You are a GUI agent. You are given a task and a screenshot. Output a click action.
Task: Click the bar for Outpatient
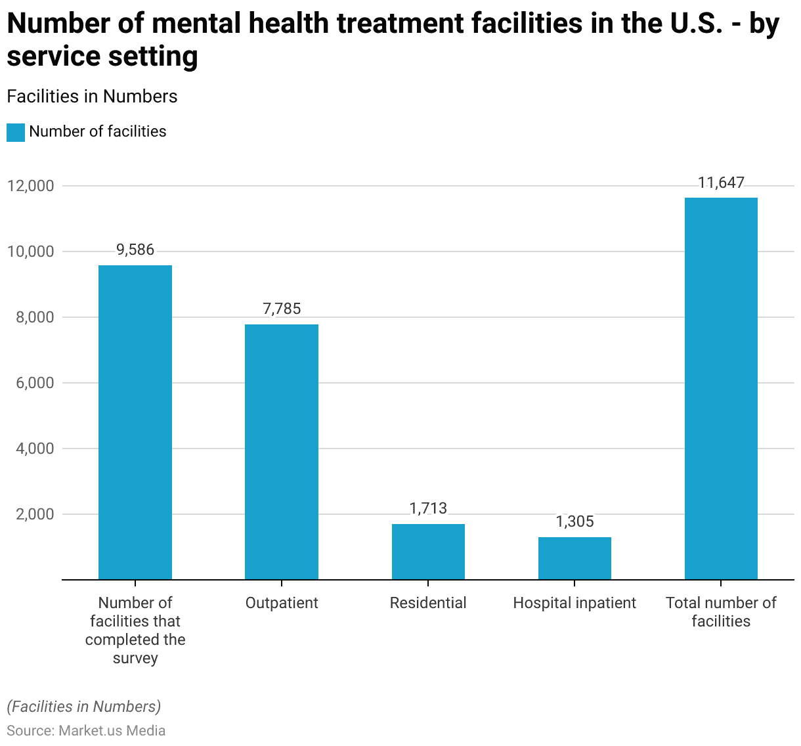point(282,452)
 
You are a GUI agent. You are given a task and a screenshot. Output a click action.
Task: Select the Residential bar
point(428,552)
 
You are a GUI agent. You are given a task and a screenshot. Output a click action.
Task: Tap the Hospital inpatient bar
point(574,558)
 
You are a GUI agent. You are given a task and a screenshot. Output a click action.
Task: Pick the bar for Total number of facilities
point(721,389)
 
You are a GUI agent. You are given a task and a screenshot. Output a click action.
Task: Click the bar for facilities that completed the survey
point(135,422)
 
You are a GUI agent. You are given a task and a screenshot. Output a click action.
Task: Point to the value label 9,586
point(135,250)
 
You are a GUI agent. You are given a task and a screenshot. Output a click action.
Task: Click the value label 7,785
point(282,309)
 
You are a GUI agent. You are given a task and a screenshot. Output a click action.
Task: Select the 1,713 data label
point(428,508)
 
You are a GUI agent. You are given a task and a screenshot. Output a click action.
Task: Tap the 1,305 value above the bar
point(574,521)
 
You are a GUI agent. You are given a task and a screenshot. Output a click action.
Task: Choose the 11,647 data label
point(721,183)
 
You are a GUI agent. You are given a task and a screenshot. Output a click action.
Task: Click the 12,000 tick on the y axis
point(30,186)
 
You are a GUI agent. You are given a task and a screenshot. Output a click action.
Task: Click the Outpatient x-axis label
point(282,603)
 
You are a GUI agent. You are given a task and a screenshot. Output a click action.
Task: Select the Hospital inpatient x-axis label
point(574,603)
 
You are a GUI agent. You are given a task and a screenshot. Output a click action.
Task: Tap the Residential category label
point(428,603)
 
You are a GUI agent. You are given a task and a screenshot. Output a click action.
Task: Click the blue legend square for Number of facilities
point(16,132)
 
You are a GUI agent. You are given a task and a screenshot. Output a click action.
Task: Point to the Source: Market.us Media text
point(86,730)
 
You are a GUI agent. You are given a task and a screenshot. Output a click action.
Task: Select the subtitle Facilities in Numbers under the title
point(92,97)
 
